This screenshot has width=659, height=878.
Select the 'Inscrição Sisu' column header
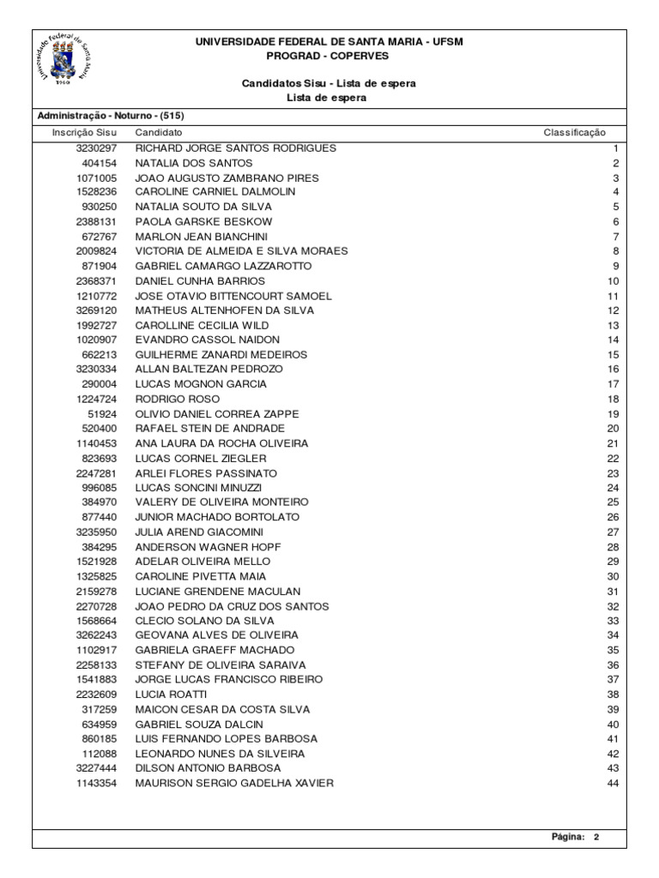pos(84,133)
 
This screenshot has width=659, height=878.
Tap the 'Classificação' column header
pos(574,133)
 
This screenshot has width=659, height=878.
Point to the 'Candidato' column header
pos(158,133)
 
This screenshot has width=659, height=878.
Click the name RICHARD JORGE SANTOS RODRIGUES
pos(236,148)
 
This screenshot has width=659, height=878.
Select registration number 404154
pos(100,163)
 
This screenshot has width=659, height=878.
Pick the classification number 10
pos(613,281)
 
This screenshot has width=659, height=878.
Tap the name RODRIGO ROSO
pos(178,400)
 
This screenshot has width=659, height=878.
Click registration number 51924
pos(102,414)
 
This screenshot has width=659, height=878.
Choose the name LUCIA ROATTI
pos(171,695)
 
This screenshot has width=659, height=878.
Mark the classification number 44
pos(613,783)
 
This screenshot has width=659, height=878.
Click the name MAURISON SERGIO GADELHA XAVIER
pos(234,783)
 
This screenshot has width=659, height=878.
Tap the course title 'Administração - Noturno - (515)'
pos(110,116)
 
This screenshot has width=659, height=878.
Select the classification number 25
pos(613,502)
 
